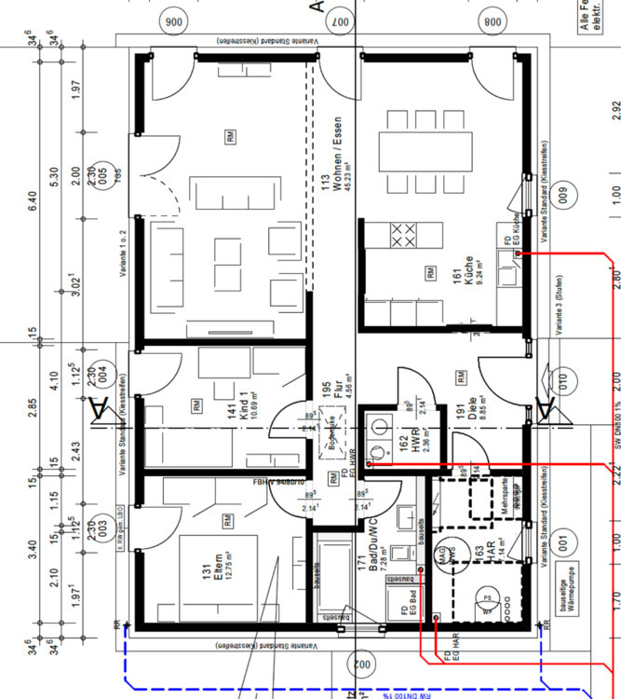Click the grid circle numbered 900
(173, 21)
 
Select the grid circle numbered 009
(562, 197)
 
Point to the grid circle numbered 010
(562, 380)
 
